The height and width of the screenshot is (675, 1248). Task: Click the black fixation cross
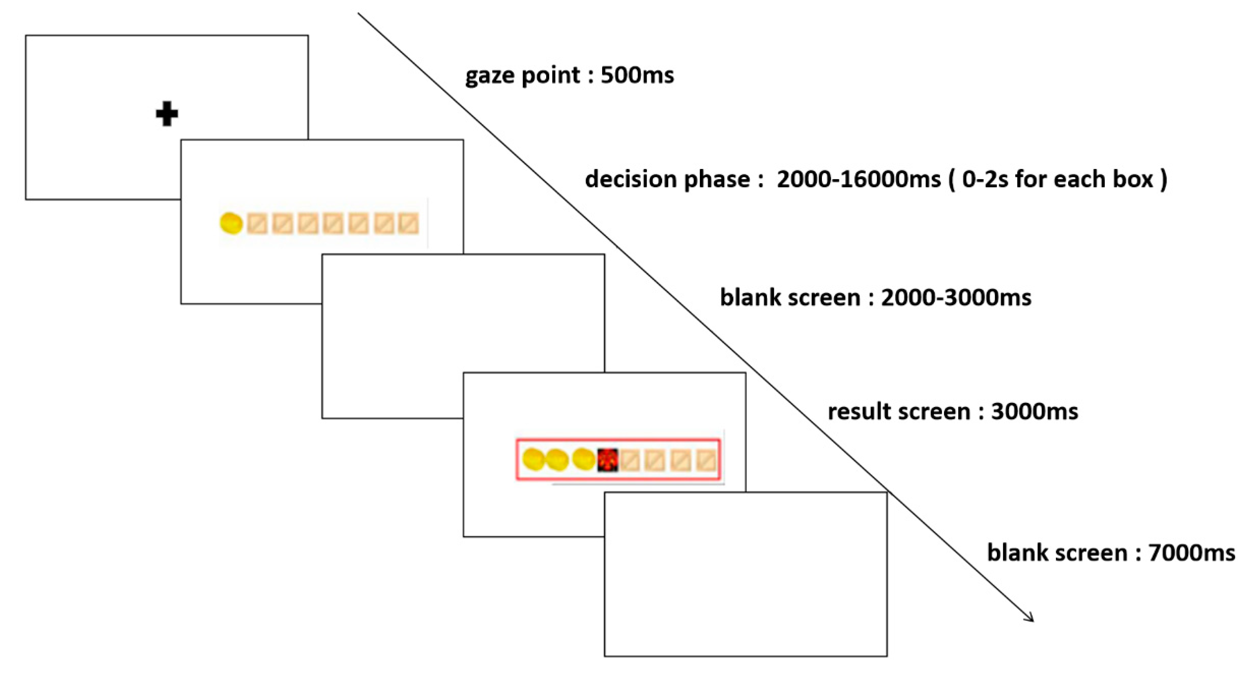[167, 114]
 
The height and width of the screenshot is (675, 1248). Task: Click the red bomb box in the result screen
[607, 459]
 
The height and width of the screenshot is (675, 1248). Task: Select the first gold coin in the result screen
[534, 459]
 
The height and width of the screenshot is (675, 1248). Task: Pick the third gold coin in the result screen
[583, 459]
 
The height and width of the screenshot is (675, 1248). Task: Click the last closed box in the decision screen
[409, 224]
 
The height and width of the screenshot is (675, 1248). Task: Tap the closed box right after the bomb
[630, 461]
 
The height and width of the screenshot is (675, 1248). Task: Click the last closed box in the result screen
[706, 461]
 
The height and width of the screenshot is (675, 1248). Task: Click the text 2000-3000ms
[955, 297]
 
